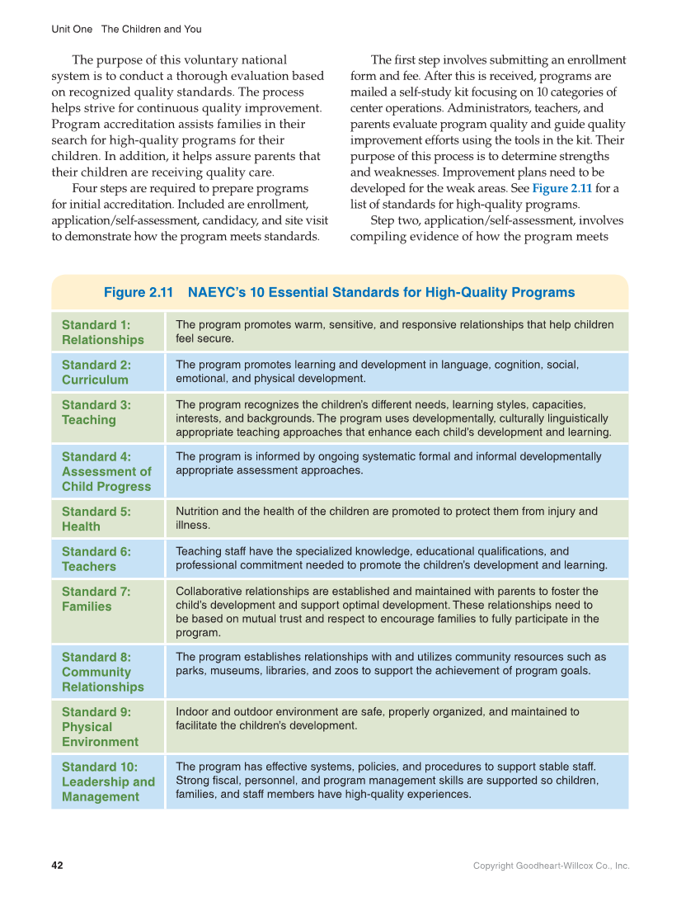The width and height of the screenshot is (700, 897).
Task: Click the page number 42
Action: coord(57,866)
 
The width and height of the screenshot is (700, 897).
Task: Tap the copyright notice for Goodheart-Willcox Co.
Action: coord(551,866)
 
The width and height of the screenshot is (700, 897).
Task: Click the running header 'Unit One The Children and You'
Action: coord(126,29)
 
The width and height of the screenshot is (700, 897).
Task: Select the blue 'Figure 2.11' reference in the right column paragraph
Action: coord(561,189)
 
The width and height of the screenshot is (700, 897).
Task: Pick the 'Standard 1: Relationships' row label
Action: coord(102,333)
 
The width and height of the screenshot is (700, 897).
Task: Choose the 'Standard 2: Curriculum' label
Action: coord(96,372)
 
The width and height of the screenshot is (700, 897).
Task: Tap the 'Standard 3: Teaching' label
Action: coord(96,413)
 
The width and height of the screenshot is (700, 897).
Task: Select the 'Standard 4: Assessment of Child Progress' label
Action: coord(106,471)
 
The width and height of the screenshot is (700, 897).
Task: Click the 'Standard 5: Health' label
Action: coord(96,519)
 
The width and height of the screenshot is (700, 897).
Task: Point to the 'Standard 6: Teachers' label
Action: coord(96,559)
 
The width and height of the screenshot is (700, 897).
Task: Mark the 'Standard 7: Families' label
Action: coord(96,599)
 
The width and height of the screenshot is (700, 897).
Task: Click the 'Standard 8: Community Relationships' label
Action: coord(102,672)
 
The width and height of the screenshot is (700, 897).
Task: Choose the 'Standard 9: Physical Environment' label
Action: coord(100,726)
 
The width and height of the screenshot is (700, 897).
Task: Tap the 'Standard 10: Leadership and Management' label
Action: coord(108,781)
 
